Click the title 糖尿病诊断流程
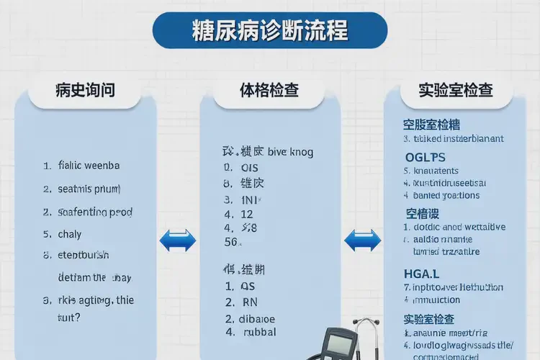(x=270, y=30)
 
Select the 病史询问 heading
(x=85, y=91)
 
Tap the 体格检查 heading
(x=269, y=91)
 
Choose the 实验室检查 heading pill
(x=456, y=91)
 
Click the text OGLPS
(x=425, y=157)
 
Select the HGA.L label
(x=422, y=273)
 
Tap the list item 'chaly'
(x=70, y=234)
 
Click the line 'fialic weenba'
(x=89, y=165)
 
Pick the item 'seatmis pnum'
(x=89, y=189)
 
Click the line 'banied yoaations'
(x=446, y=195)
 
